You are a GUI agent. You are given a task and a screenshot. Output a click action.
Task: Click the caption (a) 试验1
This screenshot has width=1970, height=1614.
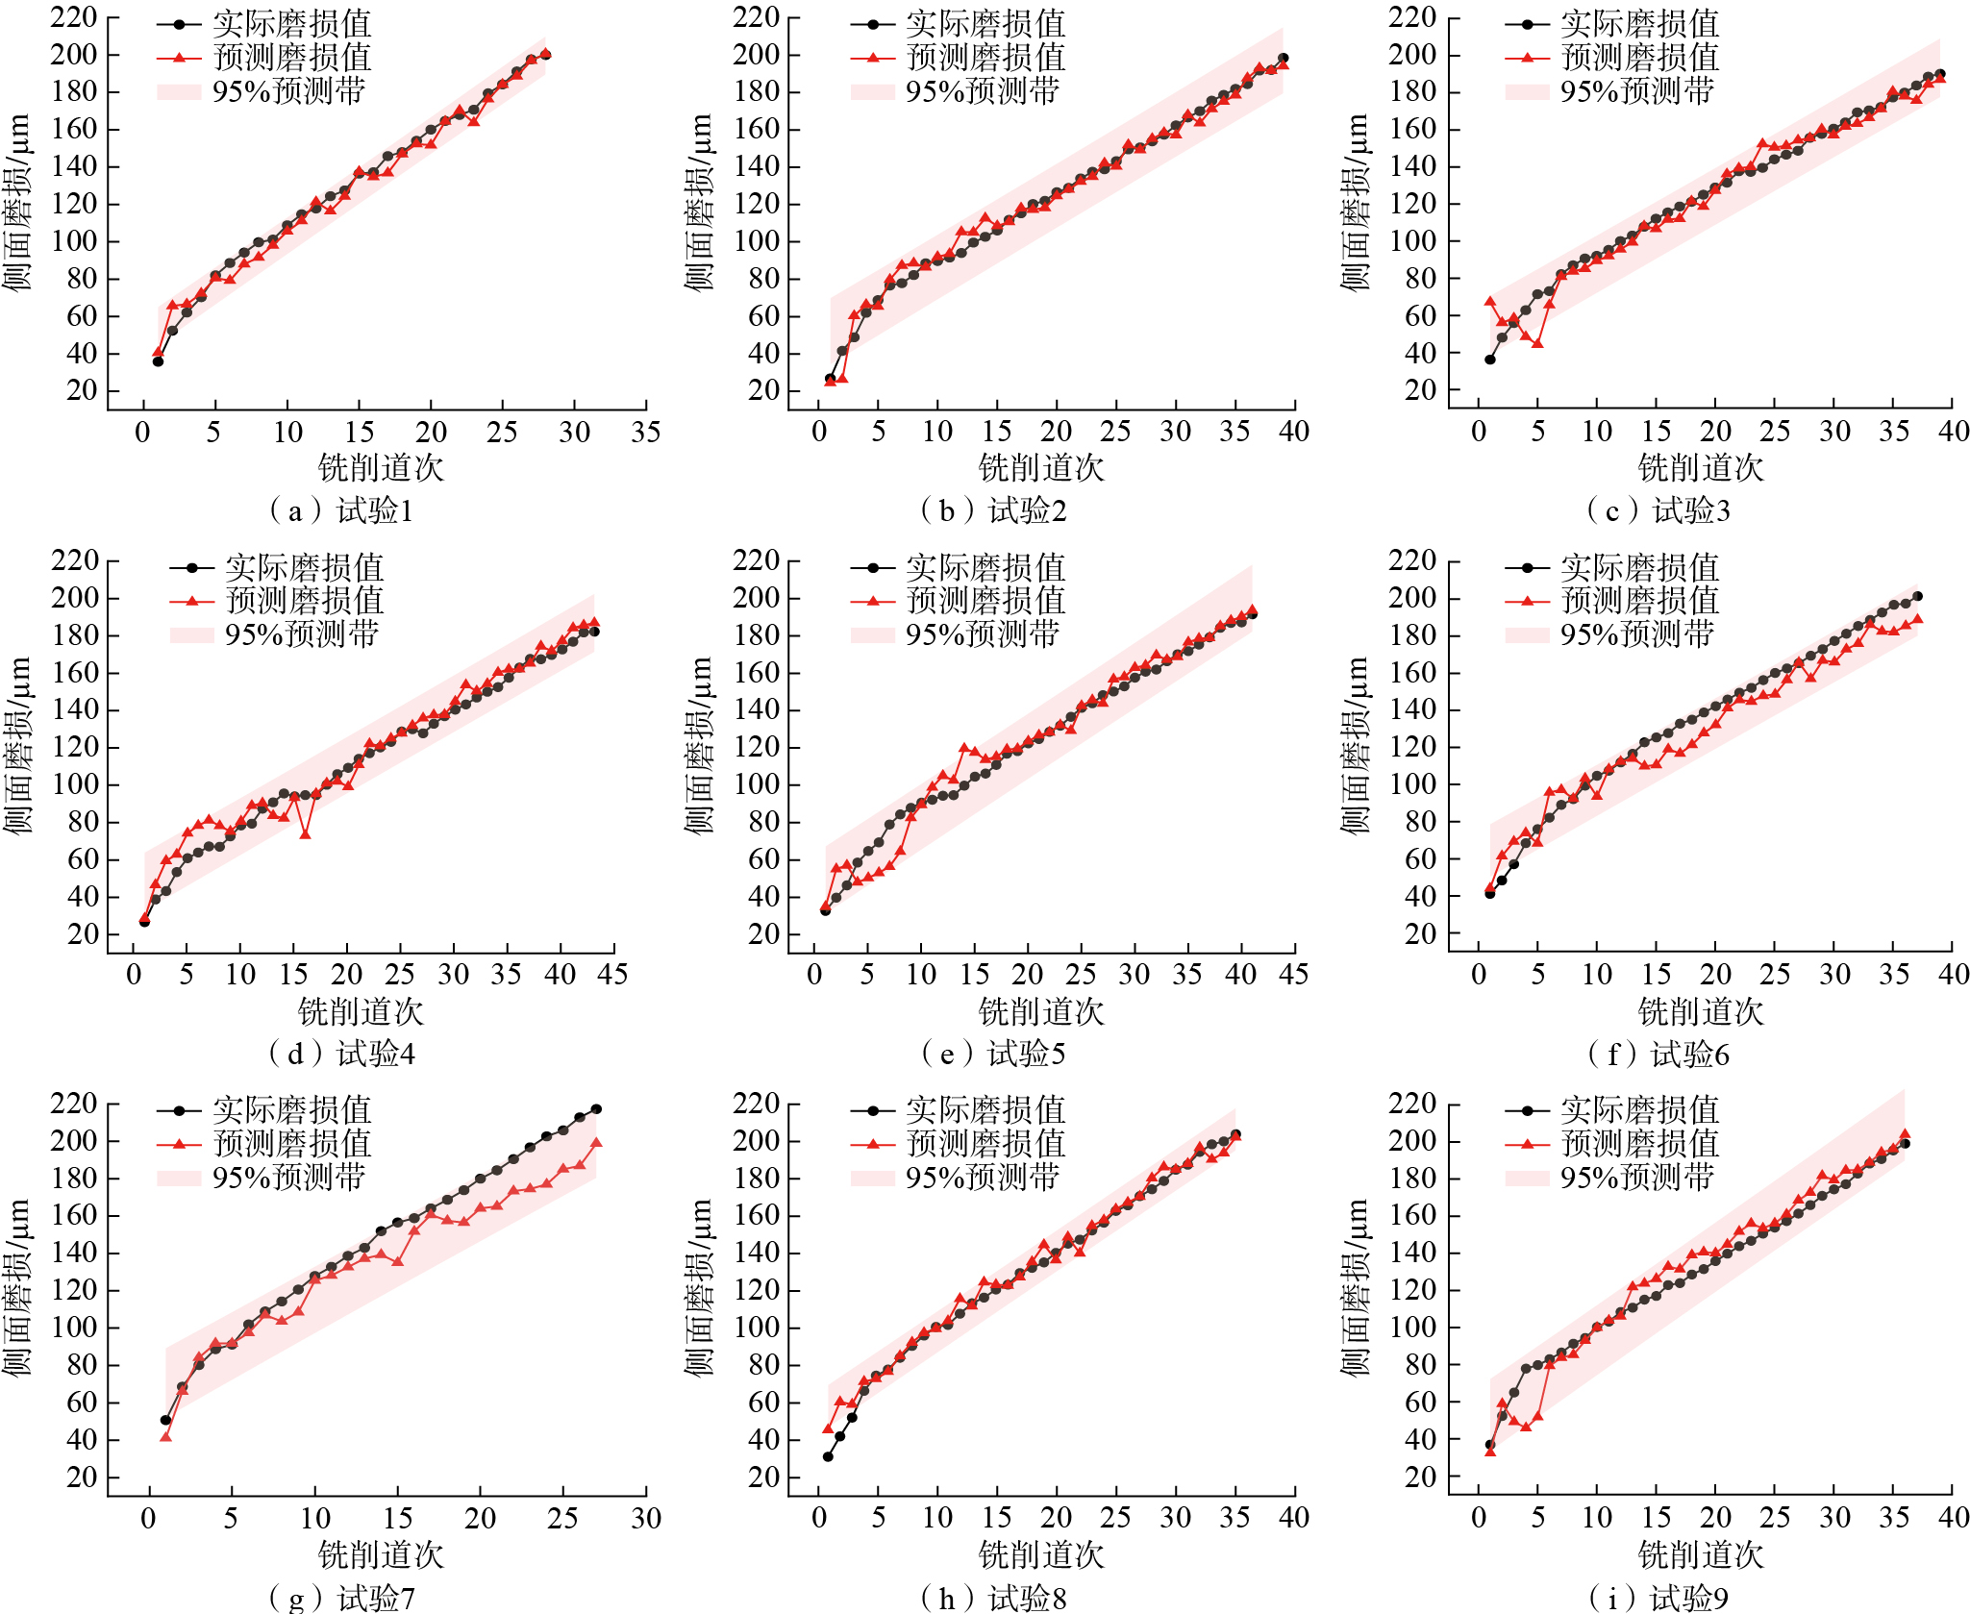(x=341, y=510)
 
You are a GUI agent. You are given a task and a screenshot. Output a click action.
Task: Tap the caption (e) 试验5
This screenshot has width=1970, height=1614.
(x=993, y=1054)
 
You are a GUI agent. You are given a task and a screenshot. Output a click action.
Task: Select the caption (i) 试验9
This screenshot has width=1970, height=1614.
(x=1658, y=1598)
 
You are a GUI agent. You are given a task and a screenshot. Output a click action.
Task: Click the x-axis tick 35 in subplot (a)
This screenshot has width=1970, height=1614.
(x=645, y=432)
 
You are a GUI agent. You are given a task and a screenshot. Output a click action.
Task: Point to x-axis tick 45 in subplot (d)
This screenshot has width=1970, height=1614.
(x=612, y=975)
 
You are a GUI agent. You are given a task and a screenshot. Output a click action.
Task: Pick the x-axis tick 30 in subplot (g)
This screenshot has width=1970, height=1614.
(x=645, y=1518)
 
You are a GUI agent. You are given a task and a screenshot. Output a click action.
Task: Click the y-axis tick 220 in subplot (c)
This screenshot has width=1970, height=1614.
(x=1412, y=17)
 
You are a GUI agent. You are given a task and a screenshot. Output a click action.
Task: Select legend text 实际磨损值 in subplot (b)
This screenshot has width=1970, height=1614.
(x=985, y=24)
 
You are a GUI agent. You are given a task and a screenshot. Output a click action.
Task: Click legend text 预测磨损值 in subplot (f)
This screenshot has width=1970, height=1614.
(x=1640, y=601)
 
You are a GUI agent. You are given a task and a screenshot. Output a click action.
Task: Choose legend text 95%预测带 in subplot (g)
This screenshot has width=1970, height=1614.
(x=288, y=1177)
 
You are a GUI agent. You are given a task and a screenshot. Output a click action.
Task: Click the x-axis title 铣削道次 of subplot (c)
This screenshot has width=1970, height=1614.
(x=1700, y=468)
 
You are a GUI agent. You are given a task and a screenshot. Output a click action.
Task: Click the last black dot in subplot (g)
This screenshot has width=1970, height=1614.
(x=596, y=1109)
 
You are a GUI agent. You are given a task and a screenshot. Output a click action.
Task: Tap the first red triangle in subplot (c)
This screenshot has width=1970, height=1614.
(x=1490, y=302)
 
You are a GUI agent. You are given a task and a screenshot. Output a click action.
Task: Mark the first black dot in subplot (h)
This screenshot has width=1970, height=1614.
(x=828, y=1456)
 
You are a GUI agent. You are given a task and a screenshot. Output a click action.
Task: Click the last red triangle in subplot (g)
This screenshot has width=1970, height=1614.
(x=596, y=1143)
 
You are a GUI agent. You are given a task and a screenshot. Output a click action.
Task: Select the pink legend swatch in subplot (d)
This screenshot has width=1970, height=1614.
(x=191, y=634)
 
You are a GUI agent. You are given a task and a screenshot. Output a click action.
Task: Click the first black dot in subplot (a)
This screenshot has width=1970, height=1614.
(x=158, y=361)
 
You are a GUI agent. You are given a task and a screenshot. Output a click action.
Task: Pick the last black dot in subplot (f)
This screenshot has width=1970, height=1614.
(x=1917, y=596)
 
